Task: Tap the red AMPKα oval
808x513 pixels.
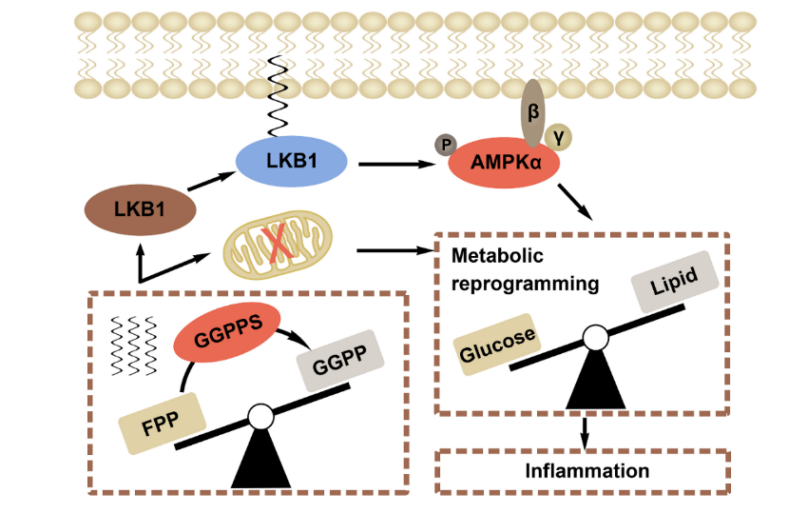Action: click(x=504, y=163)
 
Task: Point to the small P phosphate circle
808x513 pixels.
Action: click(x=445, y=145)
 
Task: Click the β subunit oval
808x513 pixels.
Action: click(x=533, y=113)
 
